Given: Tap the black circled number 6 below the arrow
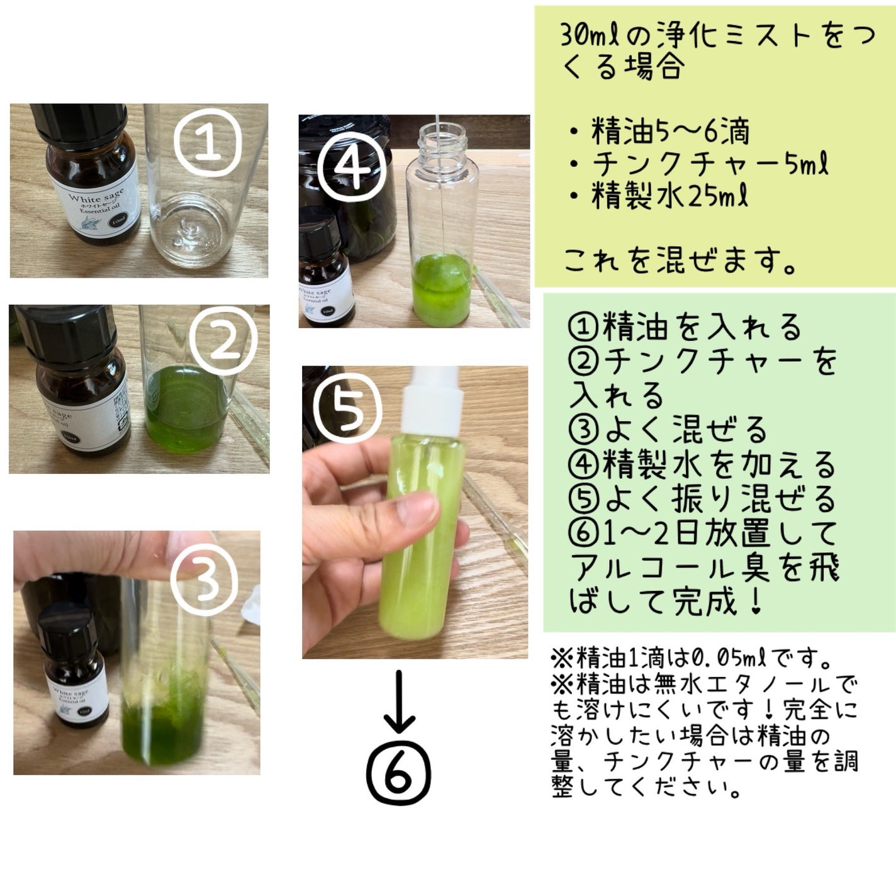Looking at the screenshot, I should pyautogui.click(x=399, y=775).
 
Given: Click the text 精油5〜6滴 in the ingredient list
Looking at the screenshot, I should pyautogui.click(x=668, y=132).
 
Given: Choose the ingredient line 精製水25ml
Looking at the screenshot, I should pyautogui.click(x=668, y=196).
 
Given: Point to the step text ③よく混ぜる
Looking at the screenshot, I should pyautogui.click(x=667, y=430).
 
